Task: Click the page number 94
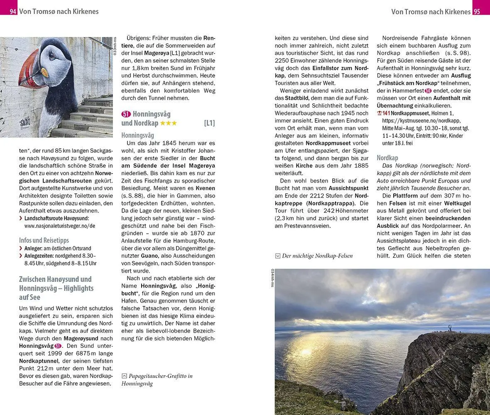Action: click(x=13, y=11)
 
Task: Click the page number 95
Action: click(x=477, y=12)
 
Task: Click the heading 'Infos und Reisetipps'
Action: click(x=44, y=240)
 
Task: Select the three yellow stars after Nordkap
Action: click(x=169, y=123)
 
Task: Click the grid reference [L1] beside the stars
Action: click(x=209, y=123)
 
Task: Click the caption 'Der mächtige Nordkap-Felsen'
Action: click(x=317, y=256)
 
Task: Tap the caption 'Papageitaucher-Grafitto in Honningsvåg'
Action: click(x=157, y=380)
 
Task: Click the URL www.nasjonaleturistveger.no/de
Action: click(x=60, y=226)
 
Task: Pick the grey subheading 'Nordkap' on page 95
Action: click(x=387, y=158)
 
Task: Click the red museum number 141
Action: click(x=386, y=113)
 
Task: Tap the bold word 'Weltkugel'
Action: click(x=457, y=203)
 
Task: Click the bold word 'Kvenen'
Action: click(x=205, y=188)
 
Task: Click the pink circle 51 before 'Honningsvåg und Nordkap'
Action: click(x=126, y=114)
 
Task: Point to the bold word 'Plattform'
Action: click(x=405, y=195)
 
